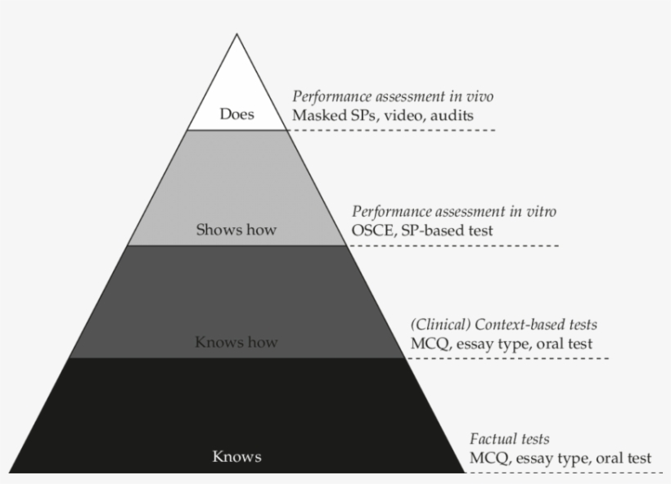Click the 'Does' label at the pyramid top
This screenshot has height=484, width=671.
click(x=236, y=114)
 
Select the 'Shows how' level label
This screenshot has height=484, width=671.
click(x=236, y=230)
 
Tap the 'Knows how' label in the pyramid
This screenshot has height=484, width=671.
click(x=236, y=342)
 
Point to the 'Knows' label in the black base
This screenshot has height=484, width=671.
click(x=236, y=456)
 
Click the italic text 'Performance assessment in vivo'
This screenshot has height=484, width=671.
click(x=393, y=96)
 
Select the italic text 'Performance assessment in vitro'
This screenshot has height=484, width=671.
click(x=453, y=212)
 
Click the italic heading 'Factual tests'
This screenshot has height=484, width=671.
click(x=509, y=439)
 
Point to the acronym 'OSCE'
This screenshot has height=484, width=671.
click(x=372, y=230)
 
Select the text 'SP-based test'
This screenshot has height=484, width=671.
click(x=447, y=230)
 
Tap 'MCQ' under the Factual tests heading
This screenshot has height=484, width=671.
click(x=488, y=458)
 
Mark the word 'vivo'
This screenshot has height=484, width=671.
click(x=477, y=96)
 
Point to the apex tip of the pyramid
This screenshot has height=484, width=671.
click(x=237, y=36)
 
